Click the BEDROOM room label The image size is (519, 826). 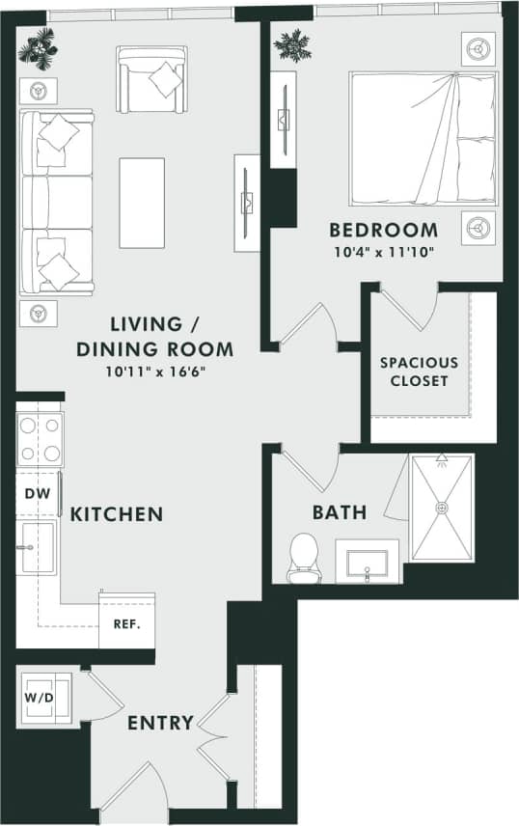coord(383,231)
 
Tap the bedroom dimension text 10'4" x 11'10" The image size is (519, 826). coord(383,253)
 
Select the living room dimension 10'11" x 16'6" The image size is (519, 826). coord(157,371)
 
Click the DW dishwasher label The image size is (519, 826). coord(35,494)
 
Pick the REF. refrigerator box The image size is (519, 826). coord(126,622)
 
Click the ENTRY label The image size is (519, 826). coord(160,722)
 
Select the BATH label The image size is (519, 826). coord(339,511)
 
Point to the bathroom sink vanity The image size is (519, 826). coord(368,562)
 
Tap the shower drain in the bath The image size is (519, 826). coord(441,508)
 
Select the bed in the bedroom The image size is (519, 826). coord(423,137)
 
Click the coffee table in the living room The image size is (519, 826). coord(142,189)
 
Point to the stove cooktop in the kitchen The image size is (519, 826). coord(40,439)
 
